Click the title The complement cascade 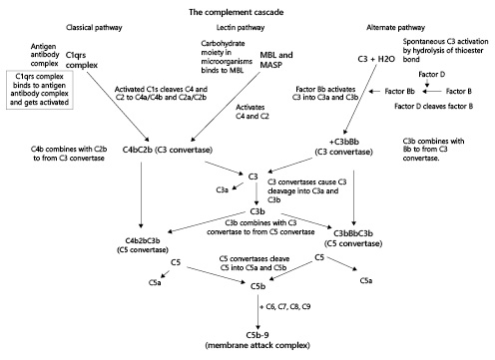click(247, 9)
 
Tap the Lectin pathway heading click(233, 27)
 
